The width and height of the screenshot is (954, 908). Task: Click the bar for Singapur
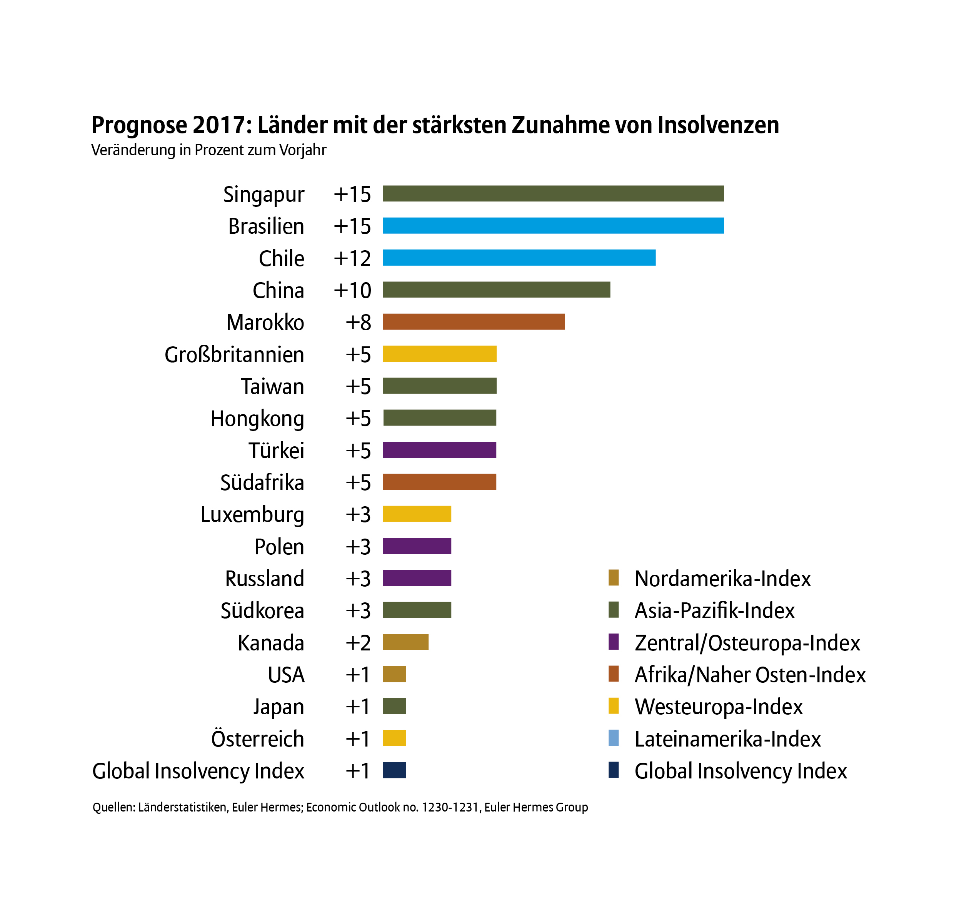pos(553,194)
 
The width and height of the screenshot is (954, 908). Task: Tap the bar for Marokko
pos(473,322)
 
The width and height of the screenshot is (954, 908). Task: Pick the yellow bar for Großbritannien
pos(439,354)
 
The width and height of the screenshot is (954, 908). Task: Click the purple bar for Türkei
pos(439,450)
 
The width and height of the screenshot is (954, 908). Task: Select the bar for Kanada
pos(405,642)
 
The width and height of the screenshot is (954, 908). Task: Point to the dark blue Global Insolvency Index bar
pos(394,770)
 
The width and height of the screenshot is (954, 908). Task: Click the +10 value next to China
pos(352,290)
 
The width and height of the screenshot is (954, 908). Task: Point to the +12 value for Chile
pos(352,258)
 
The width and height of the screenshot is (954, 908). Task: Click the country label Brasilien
pos(266,226)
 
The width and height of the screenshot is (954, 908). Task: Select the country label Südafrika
pos(262,482)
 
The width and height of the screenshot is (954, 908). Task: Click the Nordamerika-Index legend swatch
pos(614,577)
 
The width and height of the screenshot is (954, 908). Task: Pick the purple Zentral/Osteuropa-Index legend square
pos(614,642)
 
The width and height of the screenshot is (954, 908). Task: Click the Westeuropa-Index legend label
pos(719,707)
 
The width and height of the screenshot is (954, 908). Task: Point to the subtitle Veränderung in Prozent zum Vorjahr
pos(209,150)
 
